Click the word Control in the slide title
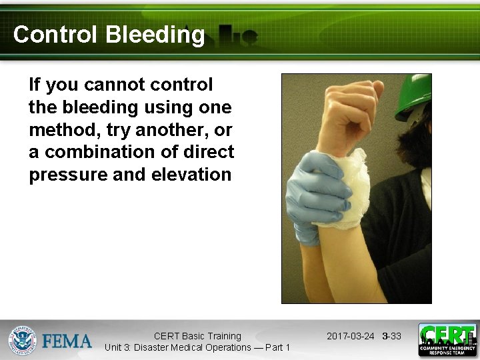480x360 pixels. (55, 35)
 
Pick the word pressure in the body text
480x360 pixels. (61, 175)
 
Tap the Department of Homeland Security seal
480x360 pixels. (22, 340)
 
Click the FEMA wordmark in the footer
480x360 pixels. (67, 341)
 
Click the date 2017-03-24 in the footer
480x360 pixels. (351, 336)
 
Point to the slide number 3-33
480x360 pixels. (392, 336)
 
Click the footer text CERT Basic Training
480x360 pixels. (197, 336)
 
